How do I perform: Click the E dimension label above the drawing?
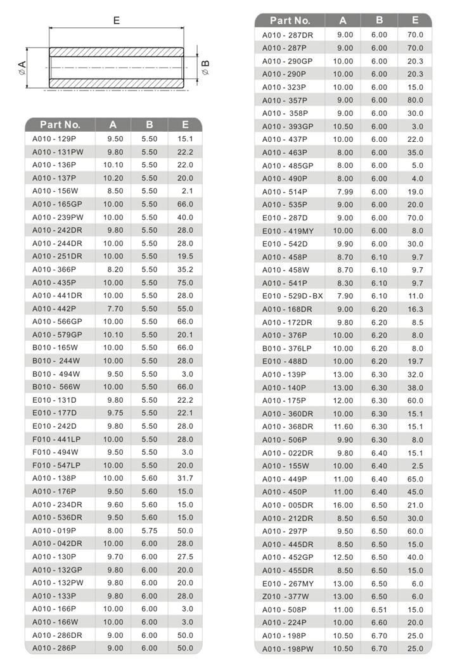click(117, 20)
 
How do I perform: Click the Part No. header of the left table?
click(60, 125)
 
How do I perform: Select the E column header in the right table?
click(415, 21)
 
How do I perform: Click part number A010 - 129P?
click(54, 138)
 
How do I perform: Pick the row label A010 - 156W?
click(55, 191)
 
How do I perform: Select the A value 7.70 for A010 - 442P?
click(113, 308)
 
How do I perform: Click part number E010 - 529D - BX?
click(293, 296)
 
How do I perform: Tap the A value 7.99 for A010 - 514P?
click(343, 191)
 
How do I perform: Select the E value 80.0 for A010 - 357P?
click(415, 100)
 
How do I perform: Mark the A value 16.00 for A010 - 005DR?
click(343, 505)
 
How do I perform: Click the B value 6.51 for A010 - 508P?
click(379, 609)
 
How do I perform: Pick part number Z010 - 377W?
click(286, 596)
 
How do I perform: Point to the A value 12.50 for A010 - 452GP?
click(343, 557)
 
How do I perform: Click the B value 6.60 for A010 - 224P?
click(379, 623)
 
